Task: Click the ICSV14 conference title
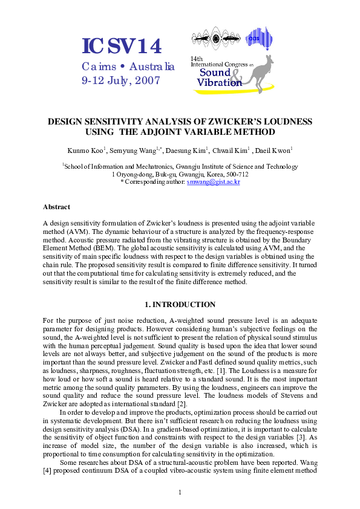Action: click(x=123, y=47)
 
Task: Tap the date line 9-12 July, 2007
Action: click(x=120, y=79)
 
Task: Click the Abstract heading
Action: click(x=56, y=207)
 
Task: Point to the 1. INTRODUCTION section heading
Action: click(x=180, y=305)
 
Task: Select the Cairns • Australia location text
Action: click(x=128, y=66)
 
